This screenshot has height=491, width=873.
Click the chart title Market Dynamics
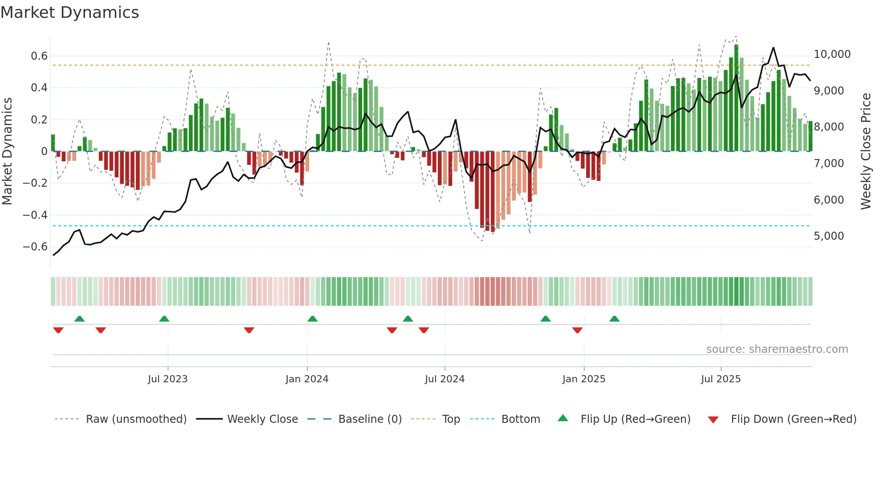pyautogui.click(x=70, y=12)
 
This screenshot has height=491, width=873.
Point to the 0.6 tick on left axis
pyautogui.click(x=39, y=56)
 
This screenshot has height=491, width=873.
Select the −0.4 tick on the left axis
pyautogui.click(x=35, y=215)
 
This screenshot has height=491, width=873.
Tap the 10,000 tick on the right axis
pyautogui.click(x=832, y=54)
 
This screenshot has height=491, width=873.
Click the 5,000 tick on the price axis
pyautogui.click(x=828, y=236)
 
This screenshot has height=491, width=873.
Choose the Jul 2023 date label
pyautogui.click(x=167, y=379)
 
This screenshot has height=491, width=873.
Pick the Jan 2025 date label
pyautogui.click(x=583, y=379)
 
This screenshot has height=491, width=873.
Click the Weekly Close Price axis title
pyautogui.click(x=865, y=151)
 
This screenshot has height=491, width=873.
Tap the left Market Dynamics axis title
pyautogui.click(x=7, y=151)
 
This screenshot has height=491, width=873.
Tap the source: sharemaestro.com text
pyautogui.click(x=777, y=349)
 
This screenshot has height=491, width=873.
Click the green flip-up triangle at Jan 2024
pyautogui.click(x=312, y=319)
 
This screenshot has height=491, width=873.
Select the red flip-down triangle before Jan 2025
pyautogui.click(x=577, y=330)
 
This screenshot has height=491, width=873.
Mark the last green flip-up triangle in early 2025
pyautogui.click(x=614, y=319)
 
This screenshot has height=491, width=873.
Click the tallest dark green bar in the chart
pyautogui.click(x=736, y=98)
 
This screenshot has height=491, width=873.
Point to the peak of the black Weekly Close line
pyautogui.click(x=773, y=48)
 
